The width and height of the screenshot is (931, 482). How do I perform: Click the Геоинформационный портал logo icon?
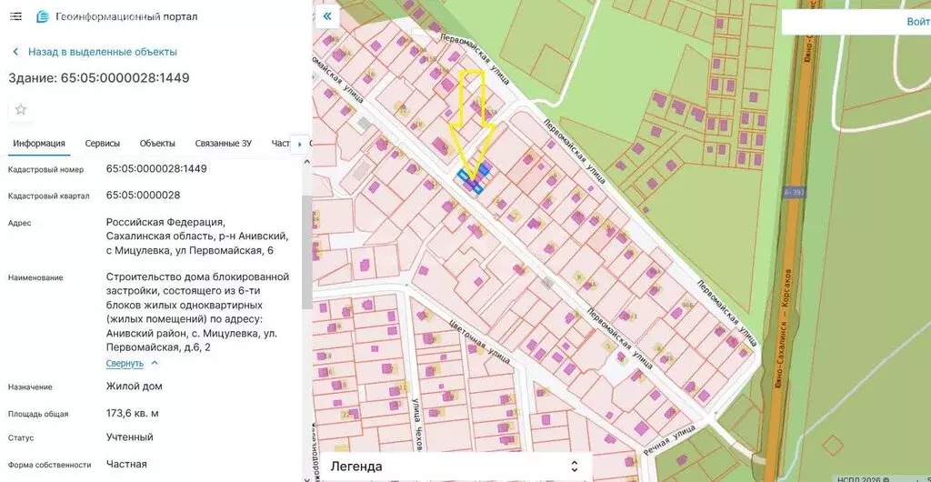[42, 17]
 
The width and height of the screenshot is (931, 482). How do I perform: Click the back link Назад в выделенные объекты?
[102, 52]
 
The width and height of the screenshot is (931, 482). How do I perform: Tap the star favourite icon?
[21, 110]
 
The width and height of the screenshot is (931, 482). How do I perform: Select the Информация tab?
[39, 144]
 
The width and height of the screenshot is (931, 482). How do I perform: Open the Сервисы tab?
[103, 144]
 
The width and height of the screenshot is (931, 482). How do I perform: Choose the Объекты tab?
[157, 144]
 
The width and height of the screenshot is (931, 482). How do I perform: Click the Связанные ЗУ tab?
[223, 144]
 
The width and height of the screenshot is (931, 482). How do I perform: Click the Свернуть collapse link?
[125, 363]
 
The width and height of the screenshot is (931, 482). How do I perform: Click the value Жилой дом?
[134, 387]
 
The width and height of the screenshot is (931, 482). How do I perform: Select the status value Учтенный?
[129, 437]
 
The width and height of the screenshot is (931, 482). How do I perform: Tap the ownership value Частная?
[126, 464]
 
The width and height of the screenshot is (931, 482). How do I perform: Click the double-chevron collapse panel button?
[327, 16]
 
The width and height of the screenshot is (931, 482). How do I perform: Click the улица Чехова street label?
[415, 423]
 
